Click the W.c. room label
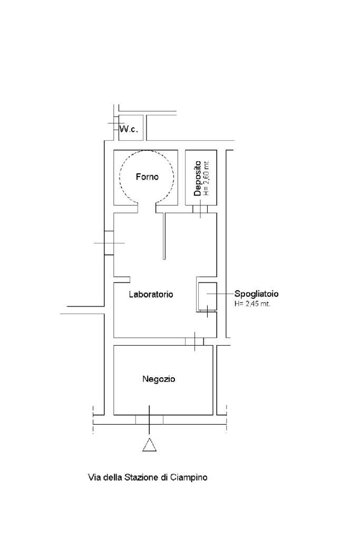129,130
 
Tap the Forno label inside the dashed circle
147,177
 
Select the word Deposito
197,179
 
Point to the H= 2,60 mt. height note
206,179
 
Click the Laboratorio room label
151,294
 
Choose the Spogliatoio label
256,294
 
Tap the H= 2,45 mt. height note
252,304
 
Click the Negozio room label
159,379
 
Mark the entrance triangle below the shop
149,445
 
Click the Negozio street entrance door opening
149,419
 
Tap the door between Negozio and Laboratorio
194,341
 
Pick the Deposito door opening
200,209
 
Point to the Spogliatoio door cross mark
207,311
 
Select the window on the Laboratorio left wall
109,243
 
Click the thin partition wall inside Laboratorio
164,236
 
